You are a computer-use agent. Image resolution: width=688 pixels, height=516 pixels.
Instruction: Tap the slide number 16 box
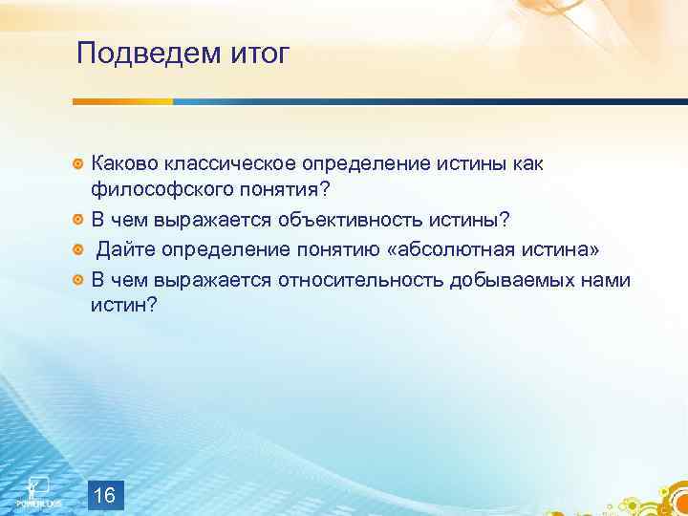click(106, 495)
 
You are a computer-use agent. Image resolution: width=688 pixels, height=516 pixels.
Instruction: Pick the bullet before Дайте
click(79, 250)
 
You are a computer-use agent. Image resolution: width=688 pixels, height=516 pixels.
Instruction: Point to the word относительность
click(360, 279)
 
